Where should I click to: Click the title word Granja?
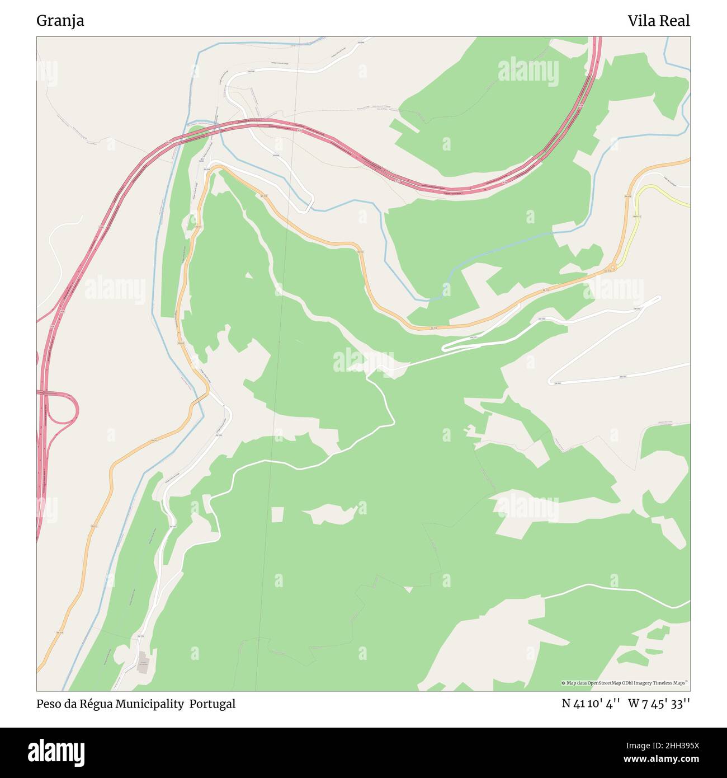[x=60, y=21]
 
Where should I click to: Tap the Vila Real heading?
[x=658, y=21]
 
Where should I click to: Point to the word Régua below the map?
[x=97, y=704]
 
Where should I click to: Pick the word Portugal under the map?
[x=212, y=704]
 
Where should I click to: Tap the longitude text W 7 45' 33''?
[x=659, y=704]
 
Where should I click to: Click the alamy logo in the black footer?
[x=56, y=752]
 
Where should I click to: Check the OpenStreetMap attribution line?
[x=625, y=683]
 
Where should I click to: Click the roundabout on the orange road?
[x=613, y=267]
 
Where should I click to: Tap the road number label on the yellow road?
[x=636, y=216]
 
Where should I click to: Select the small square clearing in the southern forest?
[x=277, y=514]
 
